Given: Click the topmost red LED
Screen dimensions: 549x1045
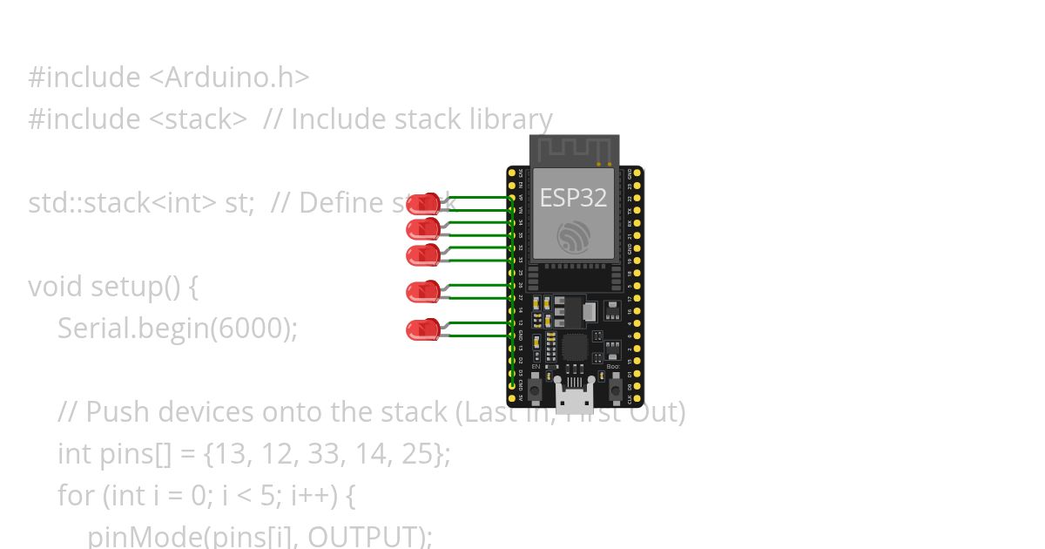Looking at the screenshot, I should coord(424,204).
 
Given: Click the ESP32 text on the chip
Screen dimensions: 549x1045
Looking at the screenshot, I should coord(573,197).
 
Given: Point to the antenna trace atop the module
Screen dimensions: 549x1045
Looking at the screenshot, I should coord(574,149).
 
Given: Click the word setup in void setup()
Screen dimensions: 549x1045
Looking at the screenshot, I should coord(126,287).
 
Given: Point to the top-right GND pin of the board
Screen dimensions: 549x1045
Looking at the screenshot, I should coord(637,173).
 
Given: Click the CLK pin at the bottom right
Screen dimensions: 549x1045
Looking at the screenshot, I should coord(637,397).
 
